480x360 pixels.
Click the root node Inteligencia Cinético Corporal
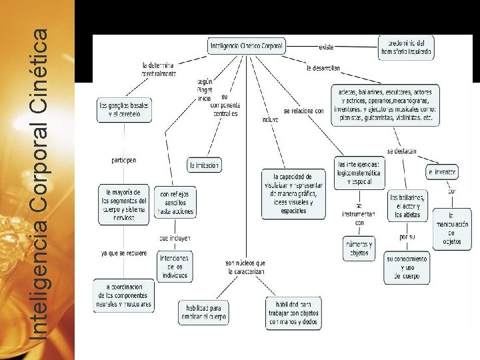coord(246,47)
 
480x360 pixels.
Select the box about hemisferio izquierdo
coord(406,46)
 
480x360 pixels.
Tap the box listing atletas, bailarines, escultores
coord(385,105)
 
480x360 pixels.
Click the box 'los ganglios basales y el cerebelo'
coord(125,110)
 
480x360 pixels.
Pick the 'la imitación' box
coord(204,165)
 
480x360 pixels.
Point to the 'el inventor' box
coord(441,172)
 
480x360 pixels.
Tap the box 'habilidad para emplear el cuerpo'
coord(203,313)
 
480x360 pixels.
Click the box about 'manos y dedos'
coord(293,313)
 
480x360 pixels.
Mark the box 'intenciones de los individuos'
coord(174,266)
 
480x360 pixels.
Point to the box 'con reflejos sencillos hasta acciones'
coord(176,203)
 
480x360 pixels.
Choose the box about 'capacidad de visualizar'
coord(294,193)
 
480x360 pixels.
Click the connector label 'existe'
coord(326,47)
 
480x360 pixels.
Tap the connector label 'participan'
coord(124,160)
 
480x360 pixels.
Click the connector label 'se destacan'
coord(401,151)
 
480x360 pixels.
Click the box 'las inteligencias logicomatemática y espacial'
coord(360,173)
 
